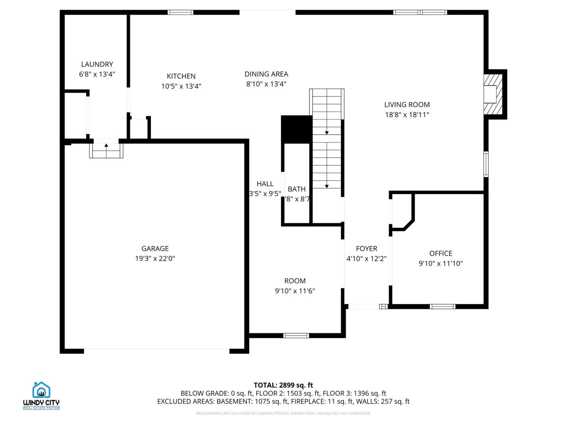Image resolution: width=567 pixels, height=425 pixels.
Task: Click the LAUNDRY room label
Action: [97, 64]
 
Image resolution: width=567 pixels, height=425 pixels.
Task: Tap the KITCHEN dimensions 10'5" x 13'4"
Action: [181, 86]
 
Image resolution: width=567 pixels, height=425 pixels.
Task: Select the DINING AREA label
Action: [266, 74]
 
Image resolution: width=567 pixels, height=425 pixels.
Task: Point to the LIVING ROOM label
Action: [407, 105]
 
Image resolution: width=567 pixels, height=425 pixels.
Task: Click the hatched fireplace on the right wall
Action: [493, 94]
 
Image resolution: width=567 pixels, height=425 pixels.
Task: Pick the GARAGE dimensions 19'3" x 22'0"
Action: [155, 259]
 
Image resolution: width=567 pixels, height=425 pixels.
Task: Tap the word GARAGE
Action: [155, 249]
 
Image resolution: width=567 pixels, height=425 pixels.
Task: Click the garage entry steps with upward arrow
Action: [106, 150]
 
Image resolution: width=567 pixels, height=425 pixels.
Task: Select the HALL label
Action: [265, 184]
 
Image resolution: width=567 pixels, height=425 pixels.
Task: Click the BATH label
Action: [296, 189]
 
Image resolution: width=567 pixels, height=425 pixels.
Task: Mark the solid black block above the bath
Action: [296, 129]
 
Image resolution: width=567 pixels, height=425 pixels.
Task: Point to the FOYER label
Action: [366, 249]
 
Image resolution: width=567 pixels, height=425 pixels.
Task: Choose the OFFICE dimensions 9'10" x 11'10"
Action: [441, 264]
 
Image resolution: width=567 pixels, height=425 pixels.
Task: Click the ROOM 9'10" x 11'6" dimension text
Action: [295, 291]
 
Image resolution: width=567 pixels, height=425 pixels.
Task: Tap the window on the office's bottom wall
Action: [442, 307]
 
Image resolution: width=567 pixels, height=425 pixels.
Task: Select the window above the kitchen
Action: [180, 13]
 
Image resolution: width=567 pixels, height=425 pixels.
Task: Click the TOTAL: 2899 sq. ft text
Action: [283, 385]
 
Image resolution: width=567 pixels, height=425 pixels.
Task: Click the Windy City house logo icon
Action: [41, 390]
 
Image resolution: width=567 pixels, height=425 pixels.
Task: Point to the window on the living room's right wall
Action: [486, 164]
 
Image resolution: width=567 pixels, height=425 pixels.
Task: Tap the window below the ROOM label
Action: [296, 336]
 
